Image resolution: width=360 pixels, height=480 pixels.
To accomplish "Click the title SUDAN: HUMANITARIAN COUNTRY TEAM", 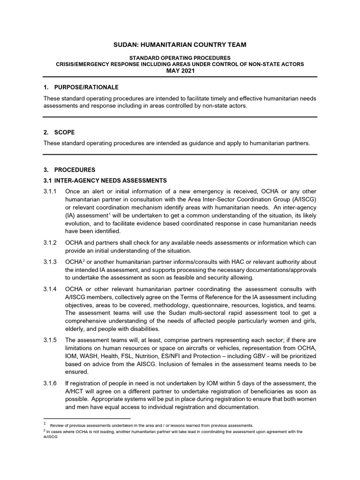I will coord(180,45).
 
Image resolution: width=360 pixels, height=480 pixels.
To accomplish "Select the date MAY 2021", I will coord(180,71).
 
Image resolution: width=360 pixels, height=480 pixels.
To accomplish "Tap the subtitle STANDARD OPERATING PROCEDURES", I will coord(180,58).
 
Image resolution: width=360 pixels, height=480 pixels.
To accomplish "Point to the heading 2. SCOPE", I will coord(59,133).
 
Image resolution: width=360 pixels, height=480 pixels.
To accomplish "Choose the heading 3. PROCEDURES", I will coord(69,170).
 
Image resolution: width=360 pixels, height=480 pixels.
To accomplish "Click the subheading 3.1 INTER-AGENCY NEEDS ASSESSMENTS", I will coord(105,180).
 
